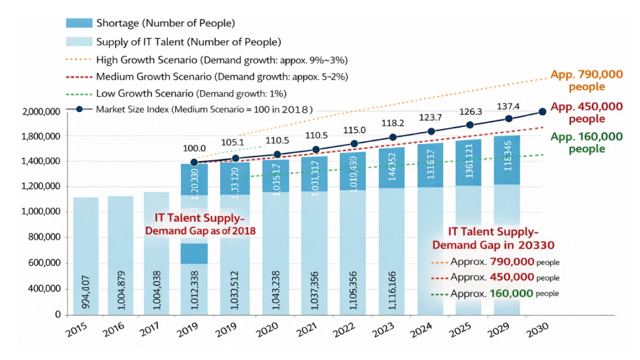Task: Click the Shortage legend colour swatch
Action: pos(79,22)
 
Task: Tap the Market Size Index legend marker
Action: pos(79,110)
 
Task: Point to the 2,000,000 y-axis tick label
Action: pos(41,112)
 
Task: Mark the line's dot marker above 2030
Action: pos(543,112)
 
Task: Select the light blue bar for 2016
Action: pos(120,255)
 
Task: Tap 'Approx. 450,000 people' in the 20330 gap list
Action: pos(505,277)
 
